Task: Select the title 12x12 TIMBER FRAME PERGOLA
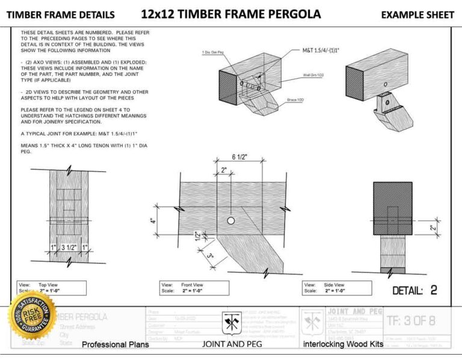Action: pyautogui.click(x=231, y=14)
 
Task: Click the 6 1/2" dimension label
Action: pyautogui.click(x=241, y=158)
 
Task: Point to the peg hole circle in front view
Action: pyautogui.click(x=230, y=221)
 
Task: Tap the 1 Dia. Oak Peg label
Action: pyautogui.click(x=214, y=53)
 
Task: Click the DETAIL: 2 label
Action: pyautogui.click(x=414, y=290)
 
